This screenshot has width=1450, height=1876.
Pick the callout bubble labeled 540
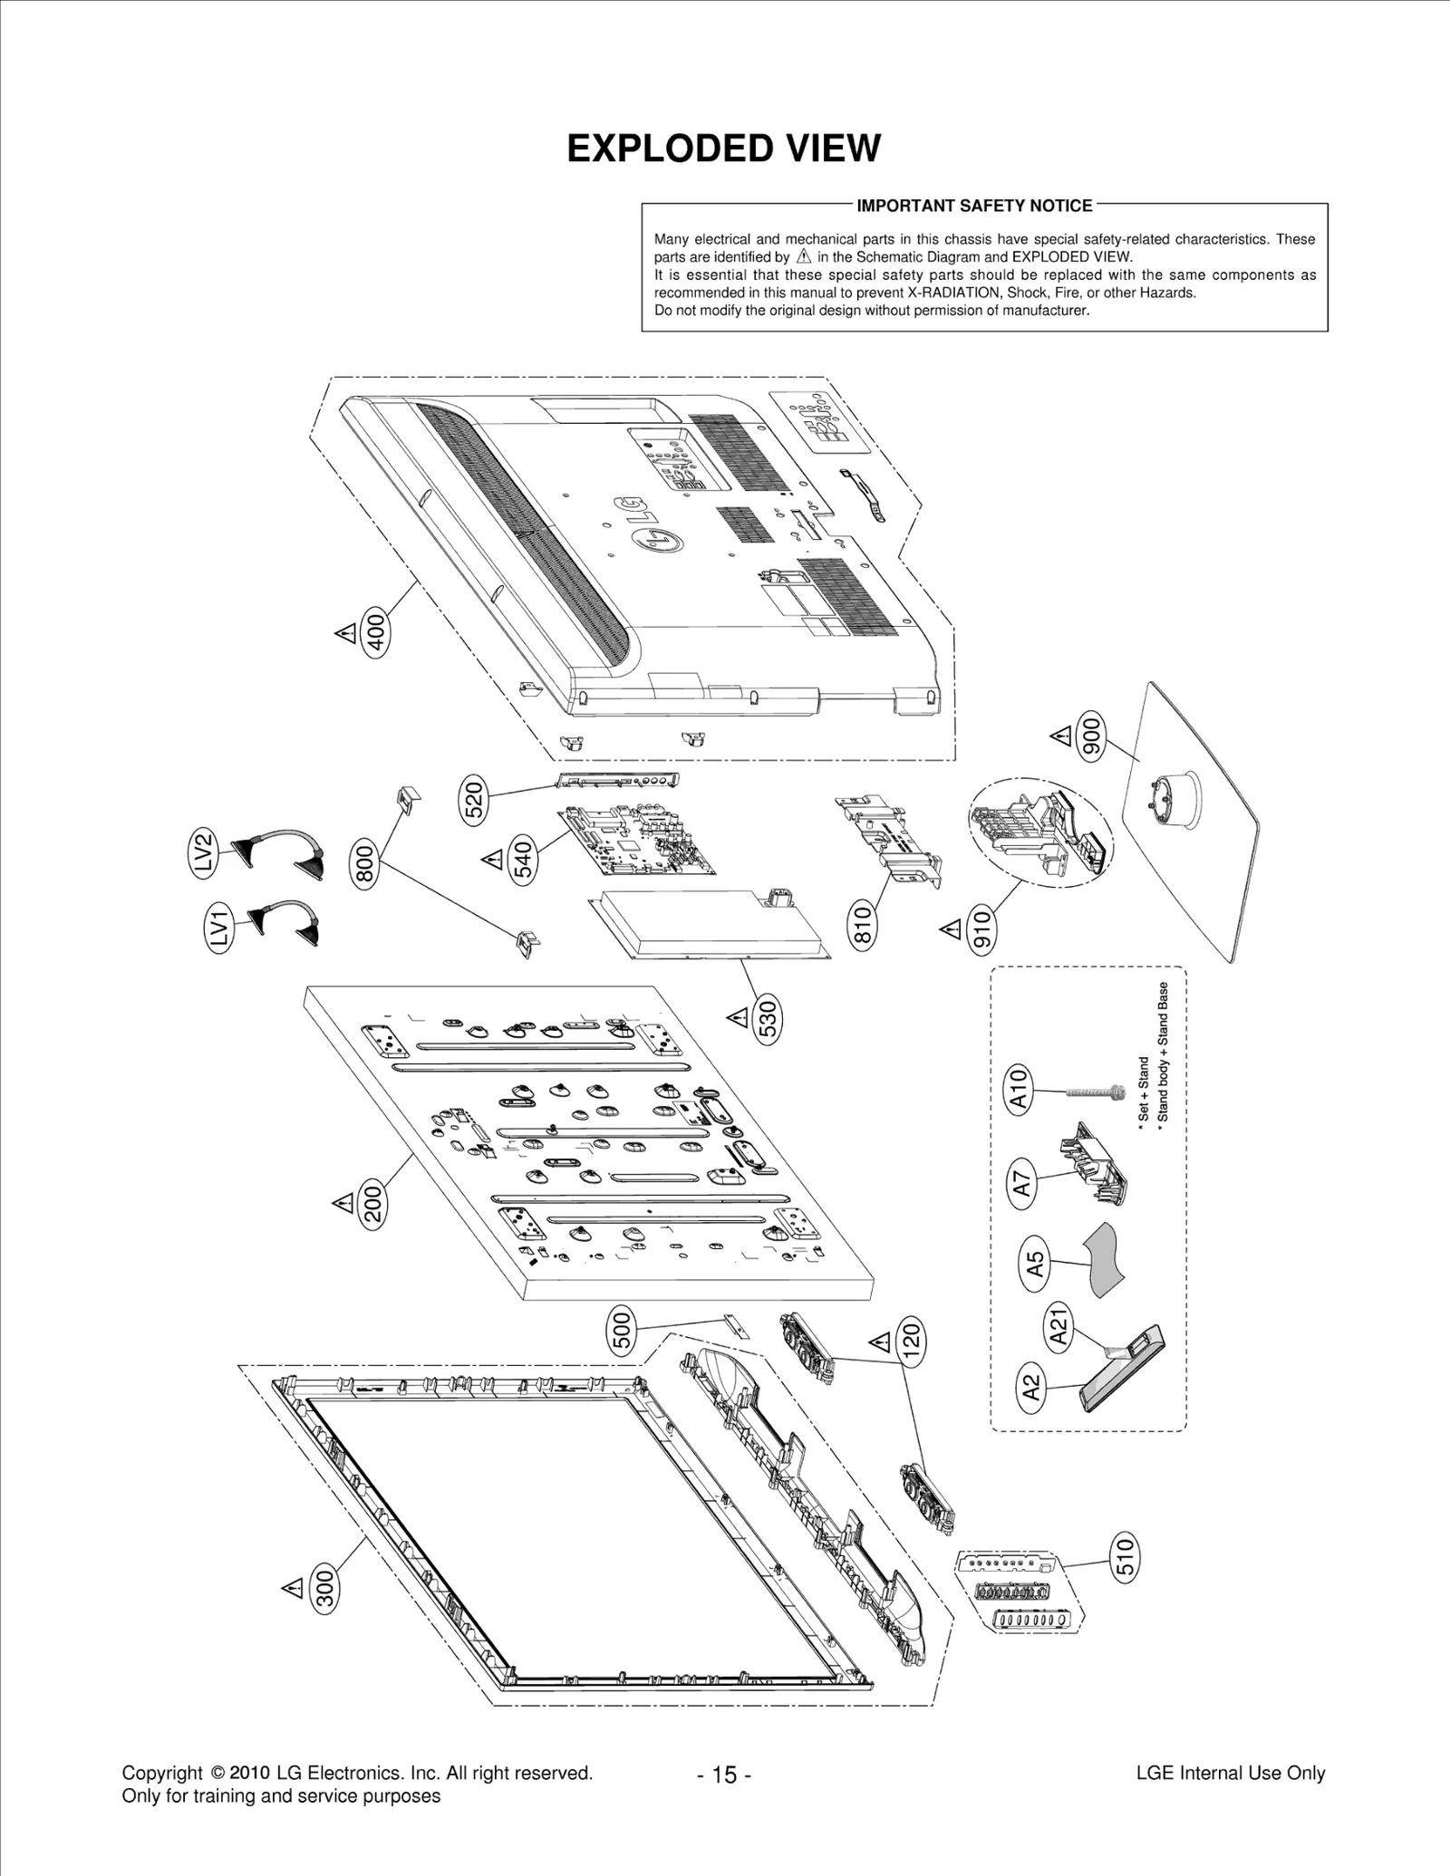524,861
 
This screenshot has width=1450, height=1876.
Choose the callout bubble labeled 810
863,924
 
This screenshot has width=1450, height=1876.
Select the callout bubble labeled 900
1091,736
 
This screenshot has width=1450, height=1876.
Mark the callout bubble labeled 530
768,1021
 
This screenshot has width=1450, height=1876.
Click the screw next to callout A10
1092,1094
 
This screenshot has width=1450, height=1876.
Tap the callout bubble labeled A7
1022,1183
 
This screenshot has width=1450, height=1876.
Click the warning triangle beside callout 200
343,1203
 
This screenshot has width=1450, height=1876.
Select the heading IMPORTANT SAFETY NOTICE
974,206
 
